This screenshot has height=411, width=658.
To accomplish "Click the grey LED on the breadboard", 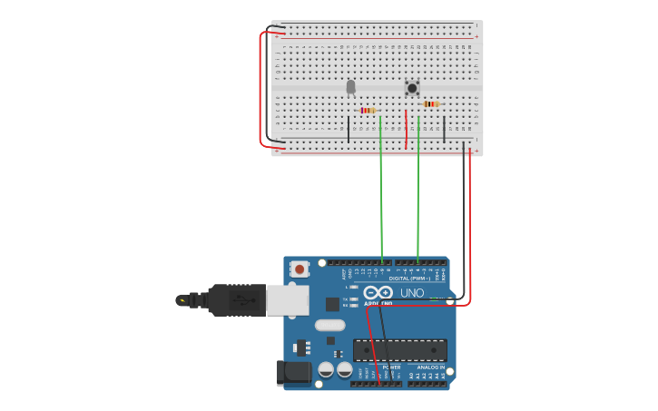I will (351, 87).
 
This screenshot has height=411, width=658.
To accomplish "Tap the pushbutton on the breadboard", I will (412, 88).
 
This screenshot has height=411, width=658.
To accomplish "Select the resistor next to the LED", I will (368, 111).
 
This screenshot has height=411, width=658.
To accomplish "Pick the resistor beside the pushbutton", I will (431, 104).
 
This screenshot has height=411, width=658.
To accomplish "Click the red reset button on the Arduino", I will (300, 269).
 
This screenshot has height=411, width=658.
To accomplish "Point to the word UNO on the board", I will (413, 292).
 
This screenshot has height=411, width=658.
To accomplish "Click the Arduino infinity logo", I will (378, 292).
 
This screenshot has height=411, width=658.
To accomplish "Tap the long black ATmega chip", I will (399, 350).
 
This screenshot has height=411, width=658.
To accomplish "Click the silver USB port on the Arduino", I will (287, 300).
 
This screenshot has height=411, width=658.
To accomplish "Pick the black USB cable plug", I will (236, 299).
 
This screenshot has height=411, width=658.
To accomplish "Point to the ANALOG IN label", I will (431, 367).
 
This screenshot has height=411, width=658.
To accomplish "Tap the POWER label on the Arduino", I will (391, 367).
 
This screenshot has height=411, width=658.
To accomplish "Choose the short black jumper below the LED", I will (349, 129).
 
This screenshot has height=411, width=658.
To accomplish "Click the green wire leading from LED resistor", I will (381, 191).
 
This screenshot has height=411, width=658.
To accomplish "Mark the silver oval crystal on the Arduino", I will (330, 325).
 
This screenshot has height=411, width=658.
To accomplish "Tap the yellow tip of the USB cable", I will (182, 299).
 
